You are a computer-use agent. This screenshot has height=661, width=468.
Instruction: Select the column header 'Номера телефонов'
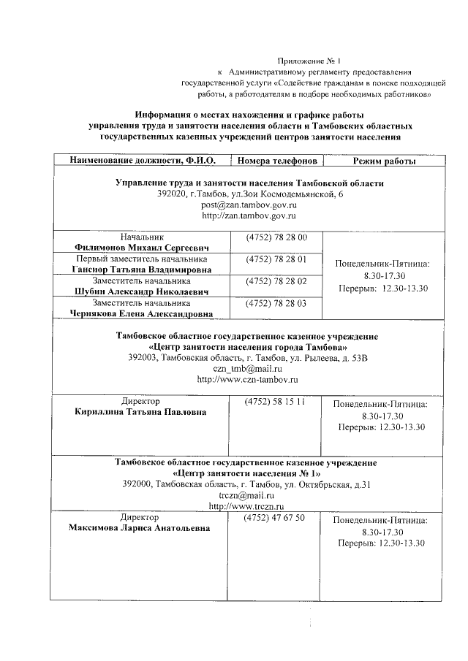tap(276, 161)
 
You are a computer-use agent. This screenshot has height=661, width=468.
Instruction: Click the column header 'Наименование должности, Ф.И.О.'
tap(142, 161)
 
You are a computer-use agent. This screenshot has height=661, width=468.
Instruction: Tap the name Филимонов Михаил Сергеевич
tap(142, 248)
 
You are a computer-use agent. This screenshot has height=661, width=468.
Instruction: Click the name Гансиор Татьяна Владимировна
tap(142, 270)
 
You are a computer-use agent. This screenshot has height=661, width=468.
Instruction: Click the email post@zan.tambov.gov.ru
tap(249, 205)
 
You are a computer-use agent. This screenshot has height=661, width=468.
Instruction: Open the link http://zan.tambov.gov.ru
tap(249, 216)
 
